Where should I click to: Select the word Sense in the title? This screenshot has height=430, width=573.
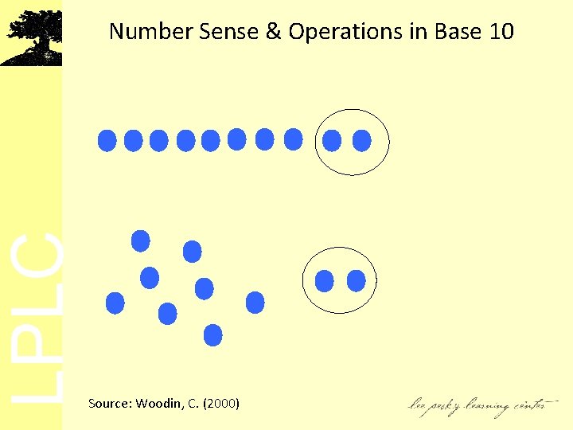point(207,32)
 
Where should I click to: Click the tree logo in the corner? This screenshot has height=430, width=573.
point(31,37)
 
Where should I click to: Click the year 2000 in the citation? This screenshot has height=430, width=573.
point(221,404)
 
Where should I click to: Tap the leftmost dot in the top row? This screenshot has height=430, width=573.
point(107,141)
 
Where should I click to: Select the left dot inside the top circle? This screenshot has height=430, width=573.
point(332,141)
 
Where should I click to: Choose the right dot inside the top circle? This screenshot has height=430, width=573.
point(361,141)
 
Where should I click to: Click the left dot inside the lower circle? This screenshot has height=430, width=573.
point(325,280)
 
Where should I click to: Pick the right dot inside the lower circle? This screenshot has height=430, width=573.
point(356,280)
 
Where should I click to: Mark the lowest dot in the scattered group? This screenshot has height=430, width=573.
point(212,334)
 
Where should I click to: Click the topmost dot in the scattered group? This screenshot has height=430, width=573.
point(141,240)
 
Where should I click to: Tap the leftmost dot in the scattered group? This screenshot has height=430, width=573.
point(115,303)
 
